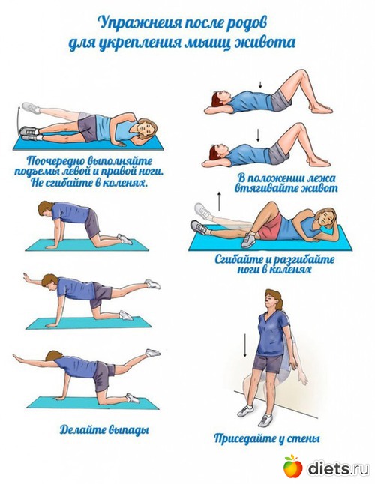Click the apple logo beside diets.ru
click(x=292, y=466)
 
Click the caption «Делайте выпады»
click(x=104, y=429)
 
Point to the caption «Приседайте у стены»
click(x=267, y=438)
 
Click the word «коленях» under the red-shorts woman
click(x=289, y=270)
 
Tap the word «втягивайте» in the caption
click(x=264, y=188)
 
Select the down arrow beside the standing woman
click(x=245, y=345)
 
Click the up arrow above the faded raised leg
click(x=219, y=201)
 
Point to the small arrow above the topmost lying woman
click(x=260, y=85)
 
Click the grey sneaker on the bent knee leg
click(x=248, y=241)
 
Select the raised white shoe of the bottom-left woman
click(x=153, y=352)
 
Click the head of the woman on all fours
click(x=45, y=210)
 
